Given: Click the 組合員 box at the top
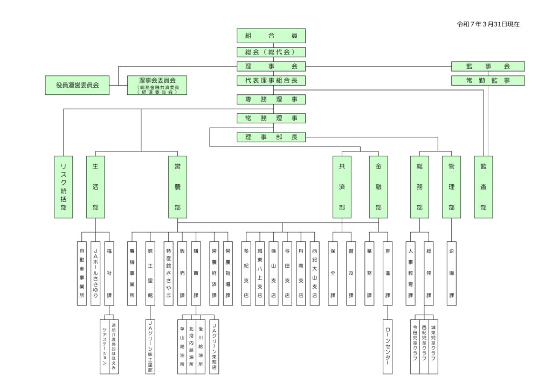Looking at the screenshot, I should click(x=271, y=36).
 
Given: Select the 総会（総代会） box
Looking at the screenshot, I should click(x=271, y=52).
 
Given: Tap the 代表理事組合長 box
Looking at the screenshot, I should click(x=271, y=81).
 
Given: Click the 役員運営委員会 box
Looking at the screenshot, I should click(x=77, y=85).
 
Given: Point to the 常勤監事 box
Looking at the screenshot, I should click(x=488, y=81).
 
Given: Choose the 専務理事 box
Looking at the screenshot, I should click(x=271, y=99).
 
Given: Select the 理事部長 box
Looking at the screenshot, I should click(x=271, y=137).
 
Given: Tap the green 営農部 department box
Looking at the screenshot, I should click(x=177, y=187).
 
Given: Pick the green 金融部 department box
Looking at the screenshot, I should click(x=378, y=187).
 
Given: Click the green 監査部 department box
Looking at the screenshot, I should click(x=484, y=187).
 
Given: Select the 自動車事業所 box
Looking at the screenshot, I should click(x=82, y=273).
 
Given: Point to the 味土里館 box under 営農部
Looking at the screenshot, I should click(x=150, y=273).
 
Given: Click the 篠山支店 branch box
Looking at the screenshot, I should click(x=274, y=273).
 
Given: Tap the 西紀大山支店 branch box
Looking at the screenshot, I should click(x=315, y=273).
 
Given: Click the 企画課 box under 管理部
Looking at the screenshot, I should click(x=451, y=273).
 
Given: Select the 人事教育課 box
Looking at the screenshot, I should click(x=411, y=273).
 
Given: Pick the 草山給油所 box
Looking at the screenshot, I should click(x=182, y=344).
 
